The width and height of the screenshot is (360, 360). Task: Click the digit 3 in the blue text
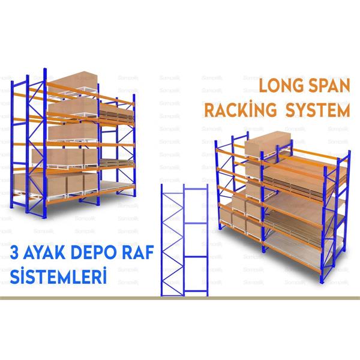click(x=17, y=249)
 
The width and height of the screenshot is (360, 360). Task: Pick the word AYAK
click(x=49, y=249)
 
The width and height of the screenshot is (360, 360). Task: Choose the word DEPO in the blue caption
click(x=97, y=249)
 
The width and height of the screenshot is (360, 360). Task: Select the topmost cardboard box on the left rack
click(x=72, y=84)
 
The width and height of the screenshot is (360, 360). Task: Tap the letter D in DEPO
click(x=83, y=249)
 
